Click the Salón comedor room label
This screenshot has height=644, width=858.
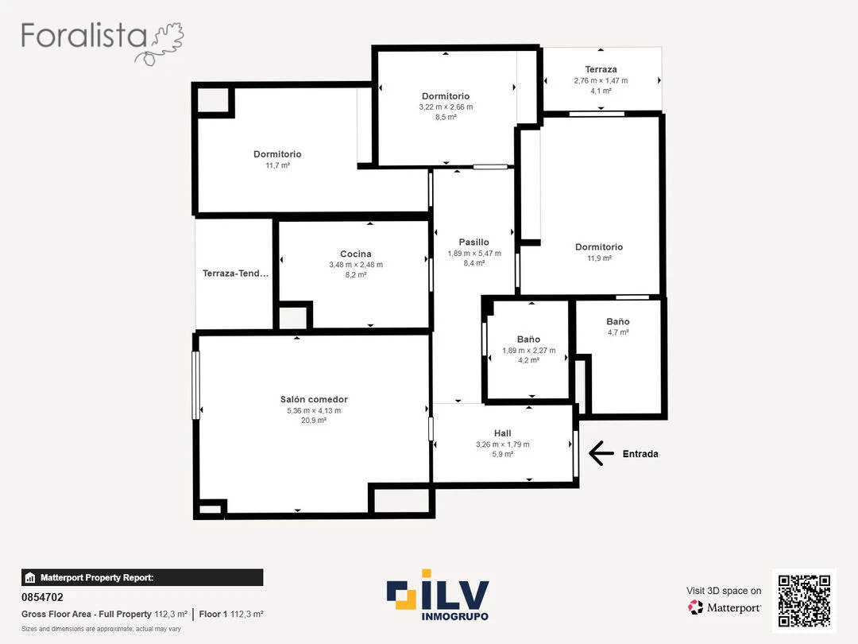click(x=314, y=400)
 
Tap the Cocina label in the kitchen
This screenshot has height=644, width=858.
click(x=356, y=254)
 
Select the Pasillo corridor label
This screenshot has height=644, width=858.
click(x=473, y=242)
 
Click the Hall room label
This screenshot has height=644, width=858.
click(x=502, y=433)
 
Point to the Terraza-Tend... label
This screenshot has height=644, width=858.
click(x=235, y=274)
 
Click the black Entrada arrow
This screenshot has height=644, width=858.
click(x=601, y=453)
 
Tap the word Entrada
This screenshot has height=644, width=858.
click(x=640, y=454)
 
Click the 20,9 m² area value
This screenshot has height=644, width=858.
click(x=314, y=421)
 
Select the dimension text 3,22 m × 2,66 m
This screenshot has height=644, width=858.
click(x=446, y=107)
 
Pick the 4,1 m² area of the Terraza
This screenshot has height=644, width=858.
click(x=601, y=91)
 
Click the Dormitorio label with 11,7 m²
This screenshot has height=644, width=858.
click(x=277, y=154)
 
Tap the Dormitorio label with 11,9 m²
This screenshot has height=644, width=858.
click(x=599, y=247)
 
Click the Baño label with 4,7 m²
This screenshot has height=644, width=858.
click(x=618, y=321)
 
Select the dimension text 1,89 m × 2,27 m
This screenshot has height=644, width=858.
click(x=528, y=351)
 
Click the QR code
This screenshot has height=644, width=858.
click(x=804, y=601)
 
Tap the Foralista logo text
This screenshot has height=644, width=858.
click(x=83, y=36)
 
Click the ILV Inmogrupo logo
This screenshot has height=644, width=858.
click(x=438, y=596)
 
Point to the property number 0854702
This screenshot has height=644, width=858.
click(x=42, y=597)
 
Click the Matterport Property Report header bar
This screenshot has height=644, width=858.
click(x=142, y=578)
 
